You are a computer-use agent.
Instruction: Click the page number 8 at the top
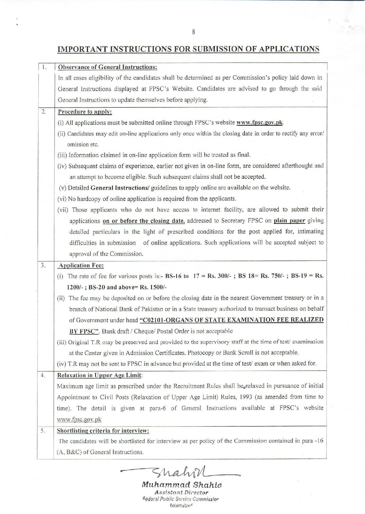tap(193, 32)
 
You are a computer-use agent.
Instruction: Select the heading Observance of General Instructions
tap(107, 67)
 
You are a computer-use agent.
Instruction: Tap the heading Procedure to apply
tap(85, 112)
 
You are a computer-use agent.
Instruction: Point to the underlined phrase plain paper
tap(289, 220)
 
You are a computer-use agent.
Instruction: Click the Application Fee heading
tap(81, 266)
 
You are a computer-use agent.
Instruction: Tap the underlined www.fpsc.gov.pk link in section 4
tap(79, 419)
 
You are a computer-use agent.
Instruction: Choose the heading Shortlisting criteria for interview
tap(103, 430)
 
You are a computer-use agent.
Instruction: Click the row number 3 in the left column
tap(43, 265)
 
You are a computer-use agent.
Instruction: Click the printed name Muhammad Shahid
tap(182, 484)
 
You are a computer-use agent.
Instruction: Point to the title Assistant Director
tap(181, 492)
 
